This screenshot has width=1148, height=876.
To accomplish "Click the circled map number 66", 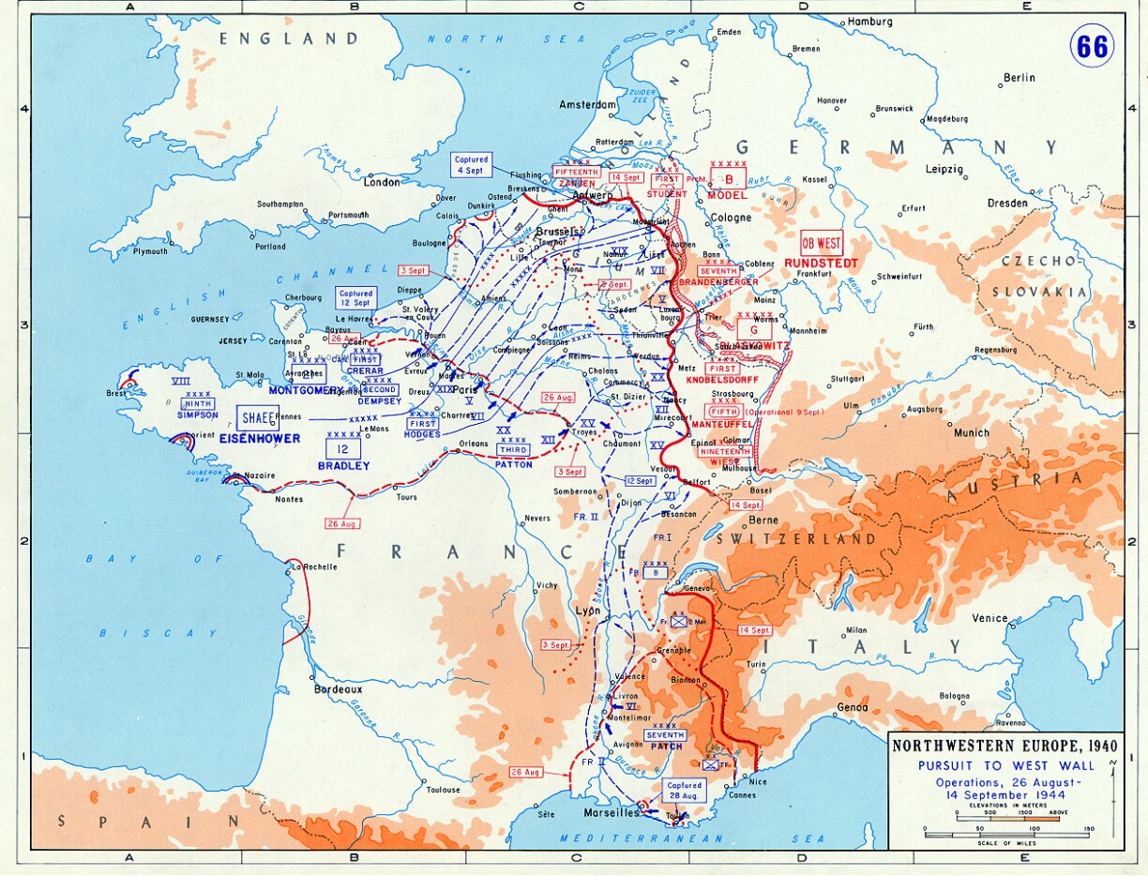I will point(1092,45).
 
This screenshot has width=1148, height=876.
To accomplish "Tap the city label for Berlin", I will point(1019,78).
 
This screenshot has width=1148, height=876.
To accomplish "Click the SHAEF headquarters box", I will point(257,418).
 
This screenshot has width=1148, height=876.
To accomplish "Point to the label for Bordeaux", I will point(338,689).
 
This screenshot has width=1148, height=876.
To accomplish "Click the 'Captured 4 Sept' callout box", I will point(471,165).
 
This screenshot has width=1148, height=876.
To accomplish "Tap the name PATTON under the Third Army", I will point(514,464).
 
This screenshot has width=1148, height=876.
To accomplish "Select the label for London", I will point(382,182).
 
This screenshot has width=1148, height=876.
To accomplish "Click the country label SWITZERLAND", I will point(795,539).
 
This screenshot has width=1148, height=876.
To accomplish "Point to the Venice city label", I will point(989,618).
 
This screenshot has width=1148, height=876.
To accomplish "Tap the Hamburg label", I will point(871,22).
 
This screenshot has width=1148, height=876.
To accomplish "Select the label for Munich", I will point(971,432).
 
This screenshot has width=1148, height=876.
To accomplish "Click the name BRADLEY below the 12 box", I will point(343,465).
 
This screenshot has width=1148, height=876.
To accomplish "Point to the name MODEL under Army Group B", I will point(727,196).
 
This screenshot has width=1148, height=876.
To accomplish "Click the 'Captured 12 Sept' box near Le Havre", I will point(356,298).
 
